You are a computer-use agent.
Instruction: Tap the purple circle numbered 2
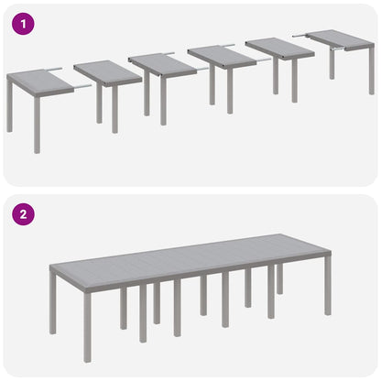click(x=23, y=216)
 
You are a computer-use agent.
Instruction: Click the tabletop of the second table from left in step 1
click(x=107, y=71)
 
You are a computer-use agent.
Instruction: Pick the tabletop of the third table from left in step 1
click(x=162, y=64)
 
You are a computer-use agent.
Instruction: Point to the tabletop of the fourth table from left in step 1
click(x=221, y=56)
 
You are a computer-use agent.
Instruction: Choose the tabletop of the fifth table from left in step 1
click(x=279, y=47)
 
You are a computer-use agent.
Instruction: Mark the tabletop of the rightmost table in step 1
click(x=340, y=39)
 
